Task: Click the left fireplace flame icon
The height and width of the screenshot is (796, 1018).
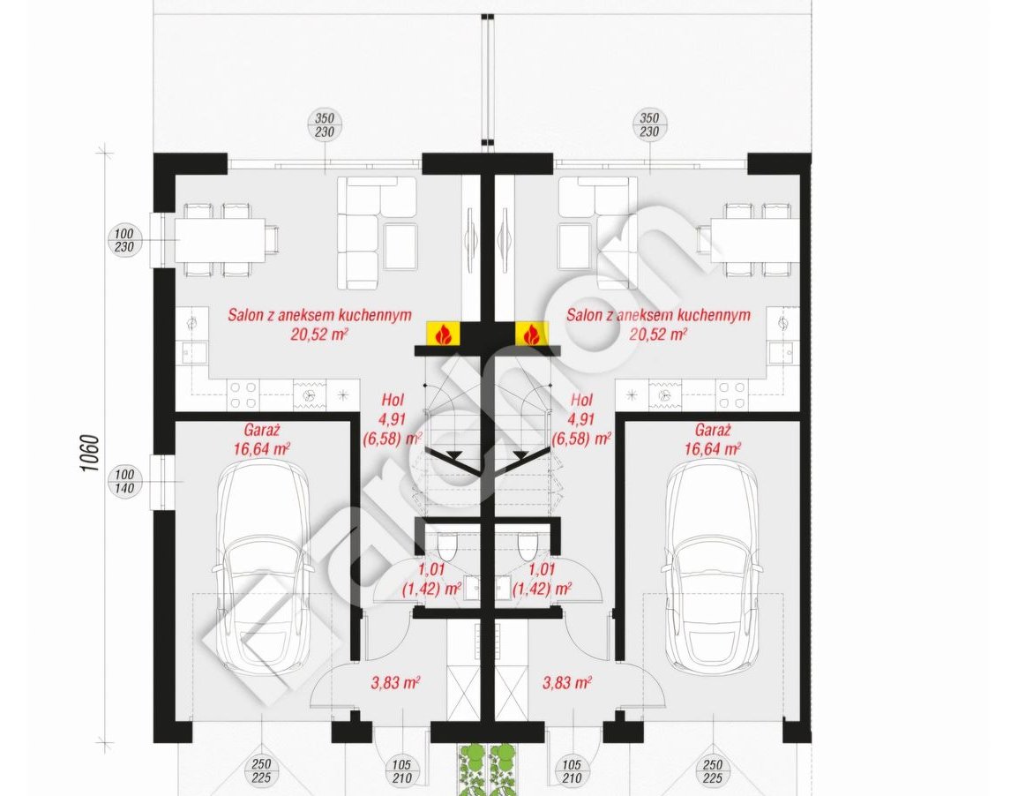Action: (x=444, y=333)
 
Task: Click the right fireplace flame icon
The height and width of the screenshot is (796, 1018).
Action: (x=532, y=333)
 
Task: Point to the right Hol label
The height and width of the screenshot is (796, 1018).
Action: (x=581, y=399)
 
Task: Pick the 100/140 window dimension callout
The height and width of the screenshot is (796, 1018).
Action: (x=124, y=481)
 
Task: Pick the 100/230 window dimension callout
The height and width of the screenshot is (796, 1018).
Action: (x=124, y=239)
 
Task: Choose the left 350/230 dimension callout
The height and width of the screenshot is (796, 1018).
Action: (x=325, y=125)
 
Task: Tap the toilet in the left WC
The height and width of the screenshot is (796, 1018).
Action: (x=447, y=546)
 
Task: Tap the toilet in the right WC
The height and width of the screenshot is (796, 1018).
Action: (x=528, y=546)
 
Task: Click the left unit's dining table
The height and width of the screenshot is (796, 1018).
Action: (x=220, y=239)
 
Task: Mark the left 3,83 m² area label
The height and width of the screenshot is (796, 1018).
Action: (x=395, y=682)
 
